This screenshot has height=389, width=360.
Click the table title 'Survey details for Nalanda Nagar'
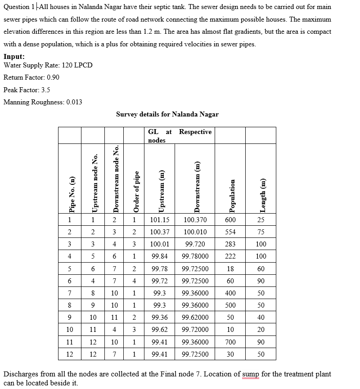[x=167, y=114]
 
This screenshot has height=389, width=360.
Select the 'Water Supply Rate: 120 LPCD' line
[x=48, y=65]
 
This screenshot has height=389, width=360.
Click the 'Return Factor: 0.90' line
[x=31, y=77]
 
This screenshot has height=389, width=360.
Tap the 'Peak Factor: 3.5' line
[x=27, y=89]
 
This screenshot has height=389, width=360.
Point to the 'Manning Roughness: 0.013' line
[x=43, y=102]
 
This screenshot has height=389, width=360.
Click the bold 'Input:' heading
[x=14, y=57]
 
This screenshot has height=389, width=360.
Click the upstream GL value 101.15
[x=160, y=220]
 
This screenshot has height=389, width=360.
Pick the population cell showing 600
[x=230, y=220]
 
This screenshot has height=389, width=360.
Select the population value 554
[x=230, y=232]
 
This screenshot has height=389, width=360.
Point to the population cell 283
[x=230, y=244]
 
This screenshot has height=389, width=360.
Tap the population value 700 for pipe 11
[x=230, y=342]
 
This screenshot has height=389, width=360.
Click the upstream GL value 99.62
[x=160, y=330]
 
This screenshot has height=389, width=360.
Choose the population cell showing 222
[x=230, y=256]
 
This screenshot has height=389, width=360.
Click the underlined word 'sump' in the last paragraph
[x=251, y=374]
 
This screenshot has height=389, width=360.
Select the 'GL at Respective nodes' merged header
[x=180, y=136]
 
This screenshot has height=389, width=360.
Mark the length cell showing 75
[x=261, y=232]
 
